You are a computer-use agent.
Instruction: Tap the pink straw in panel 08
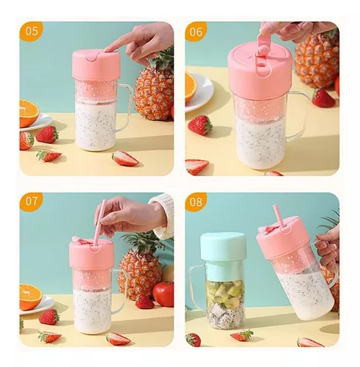click(278, 216)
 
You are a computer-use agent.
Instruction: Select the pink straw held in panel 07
click(98, 224)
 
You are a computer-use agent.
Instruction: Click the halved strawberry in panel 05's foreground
click(125, 158)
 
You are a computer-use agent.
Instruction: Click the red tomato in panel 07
click(164, 294)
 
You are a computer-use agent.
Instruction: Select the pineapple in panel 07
click(139, 268)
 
